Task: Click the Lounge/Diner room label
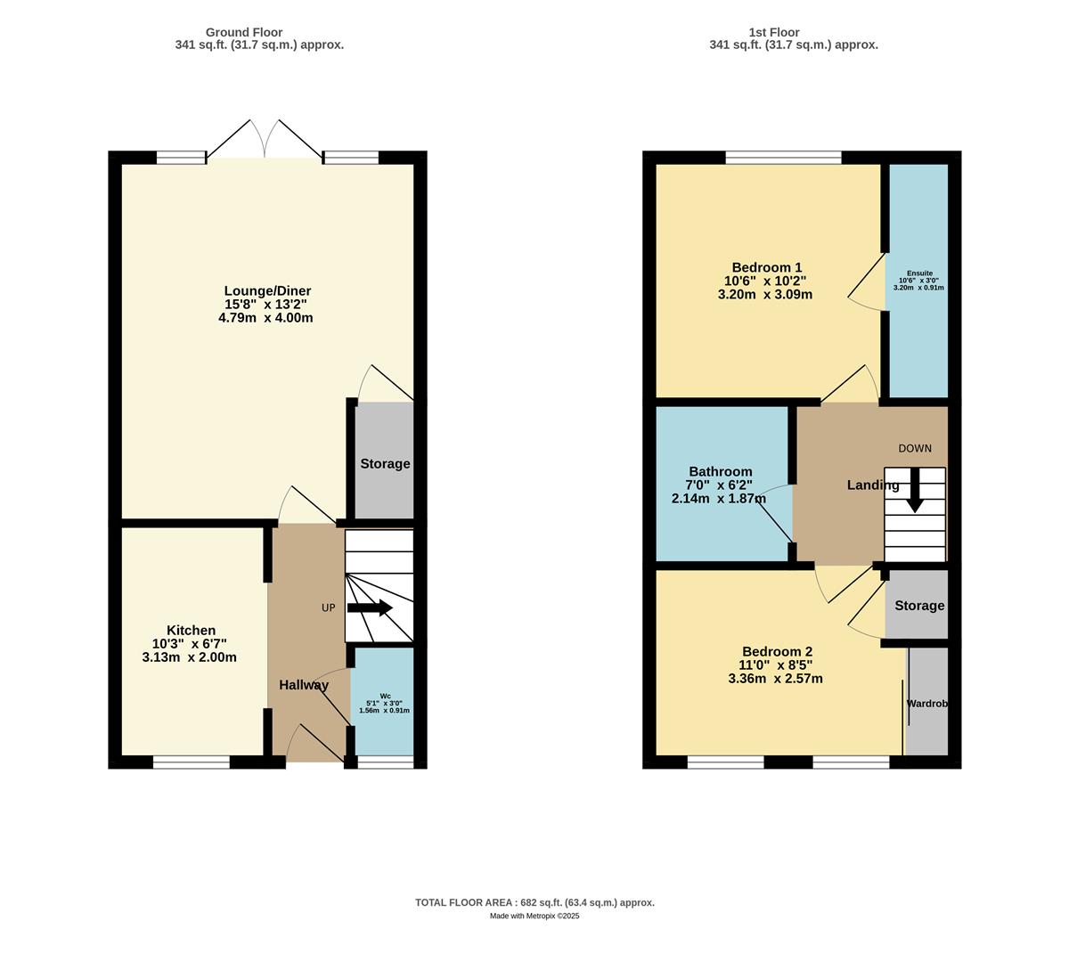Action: pos(267,291)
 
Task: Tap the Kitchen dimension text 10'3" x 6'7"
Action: pos(190,644)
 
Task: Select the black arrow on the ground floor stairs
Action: pos(370,608)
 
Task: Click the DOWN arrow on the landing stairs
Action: pos(914,491)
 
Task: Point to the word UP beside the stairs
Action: pos(329,608)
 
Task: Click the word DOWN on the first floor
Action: pos(914,449)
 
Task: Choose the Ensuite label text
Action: pos(919,273)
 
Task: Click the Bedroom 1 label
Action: pos(766,267)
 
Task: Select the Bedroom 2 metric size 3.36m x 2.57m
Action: pos(775,679)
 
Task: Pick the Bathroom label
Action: pos(720,472)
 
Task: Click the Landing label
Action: pos(872,485)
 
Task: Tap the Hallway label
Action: pos(304,685)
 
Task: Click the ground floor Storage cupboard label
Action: pos(385,464)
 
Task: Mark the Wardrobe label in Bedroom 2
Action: pos(926,704)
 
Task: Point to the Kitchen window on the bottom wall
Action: pos(191,762)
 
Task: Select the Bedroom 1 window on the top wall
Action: pos(783,159)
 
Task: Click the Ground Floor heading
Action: pos(244,32)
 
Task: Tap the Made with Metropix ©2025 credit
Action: pos(534,916)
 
